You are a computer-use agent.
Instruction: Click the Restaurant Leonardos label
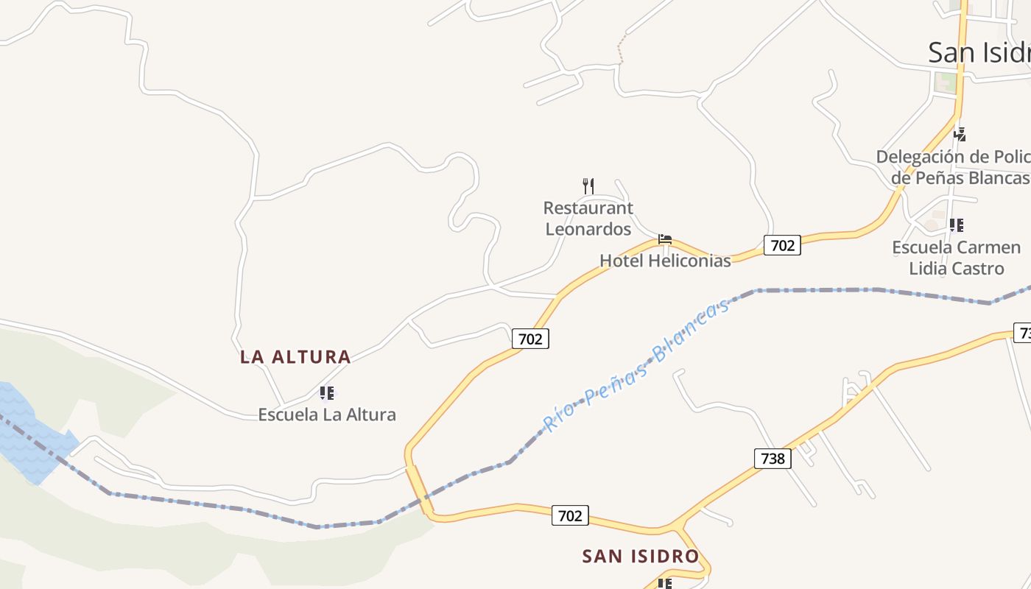click(588, 219)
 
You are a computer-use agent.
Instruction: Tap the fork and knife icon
click(588, 186)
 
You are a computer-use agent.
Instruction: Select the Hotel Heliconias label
click(665, 261)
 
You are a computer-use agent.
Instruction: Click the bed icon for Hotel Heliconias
click(665, 239)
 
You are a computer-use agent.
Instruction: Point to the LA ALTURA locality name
click(295, 357)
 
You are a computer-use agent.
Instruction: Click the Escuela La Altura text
click(326, 415)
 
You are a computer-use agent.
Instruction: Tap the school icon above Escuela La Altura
click(326, 393)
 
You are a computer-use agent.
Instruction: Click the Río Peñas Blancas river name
click(637, 365)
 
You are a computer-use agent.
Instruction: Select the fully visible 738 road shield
click(773, 459)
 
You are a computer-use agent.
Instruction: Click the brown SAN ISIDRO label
click(640, 557)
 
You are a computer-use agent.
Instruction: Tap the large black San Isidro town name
click(979, 52)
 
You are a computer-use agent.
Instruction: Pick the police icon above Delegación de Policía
click(960, 134)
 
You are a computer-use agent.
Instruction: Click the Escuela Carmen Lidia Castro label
click(956, 258)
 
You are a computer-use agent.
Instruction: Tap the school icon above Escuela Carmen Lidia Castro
click(956, 225)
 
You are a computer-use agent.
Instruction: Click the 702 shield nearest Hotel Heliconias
click(781, 245)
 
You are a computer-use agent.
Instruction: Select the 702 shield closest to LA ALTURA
click(530, 339)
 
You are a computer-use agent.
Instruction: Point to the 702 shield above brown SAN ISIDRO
click(570, 515)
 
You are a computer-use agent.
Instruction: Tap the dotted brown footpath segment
click(622, 49)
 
